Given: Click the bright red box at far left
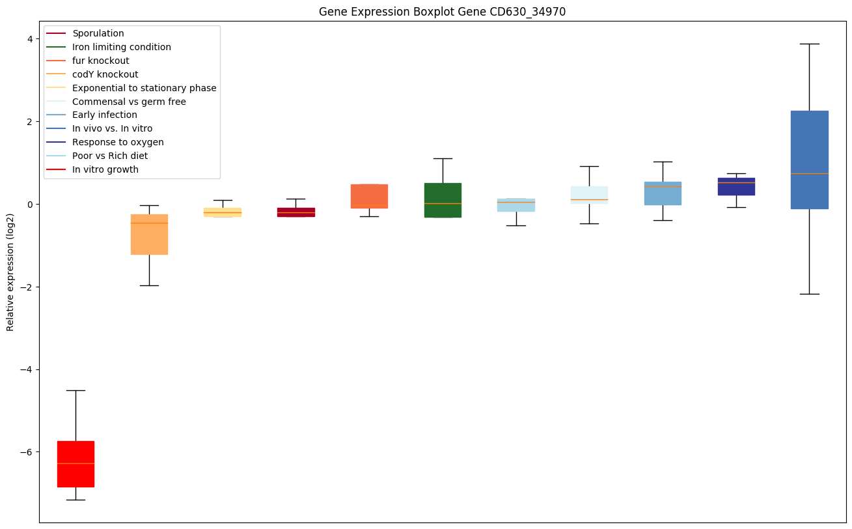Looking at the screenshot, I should (76, 464).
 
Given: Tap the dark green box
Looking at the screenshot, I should (443, 200).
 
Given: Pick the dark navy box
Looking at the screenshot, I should (736, 187).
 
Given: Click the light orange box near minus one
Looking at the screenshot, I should (149, 235).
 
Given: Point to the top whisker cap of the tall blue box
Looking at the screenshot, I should (809, 44).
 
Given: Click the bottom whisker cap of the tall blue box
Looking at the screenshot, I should (809, 294).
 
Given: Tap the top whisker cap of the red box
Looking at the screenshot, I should (76, 390).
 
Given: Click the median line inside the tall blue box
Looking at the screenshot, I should (809, 173).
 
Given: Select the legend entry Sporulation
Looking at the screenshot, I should (98, 33).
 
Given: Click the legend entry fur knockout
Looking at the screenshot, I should (101, 61).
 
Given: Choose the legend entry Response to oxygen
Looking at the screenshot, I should (118, 142).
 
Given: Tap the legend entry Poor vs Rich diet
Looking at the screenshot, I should (110, 156).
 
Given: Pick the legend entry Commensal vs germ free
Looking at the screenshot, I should (129, 102).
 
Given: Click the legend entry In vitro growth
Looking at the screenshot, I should (105, 169).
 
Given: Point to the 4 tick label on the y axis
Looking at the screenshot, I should (29, 39).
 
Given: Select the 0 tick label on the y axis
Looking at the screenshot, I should (29, 205).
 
